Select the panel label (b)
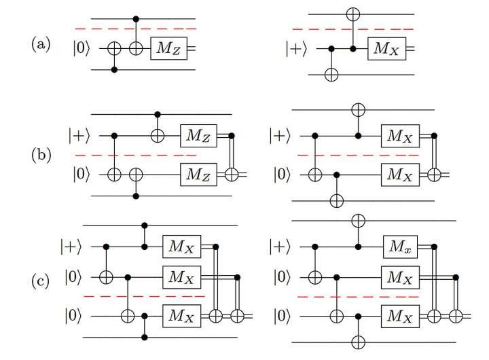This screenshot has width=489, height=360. [x=40, y=154]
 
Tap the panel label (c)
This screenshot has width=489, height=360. [x=40, y=279]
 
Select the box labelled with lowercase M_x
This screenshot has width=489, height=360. [x=400, y=245]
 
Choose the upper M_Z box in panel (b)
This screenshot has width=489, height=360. [x=198, y=136]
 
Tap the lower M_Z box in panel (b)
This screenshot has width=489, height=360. [x=198, y=176]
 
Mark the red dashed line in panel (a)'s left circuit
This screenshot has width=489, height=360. [x=135, y=29]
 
